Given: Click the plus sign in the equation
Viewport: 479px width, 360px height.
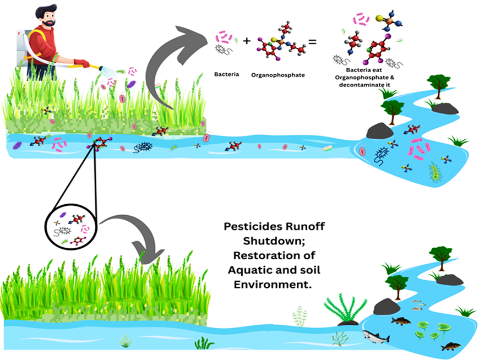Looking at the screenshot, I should click(246, 41).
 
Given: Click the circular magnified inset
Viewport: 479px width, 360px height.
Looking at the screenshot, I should click(69, 226).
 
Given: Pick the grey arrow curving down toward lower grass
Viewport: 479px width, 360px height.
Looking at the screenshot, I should click(138, 231).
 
